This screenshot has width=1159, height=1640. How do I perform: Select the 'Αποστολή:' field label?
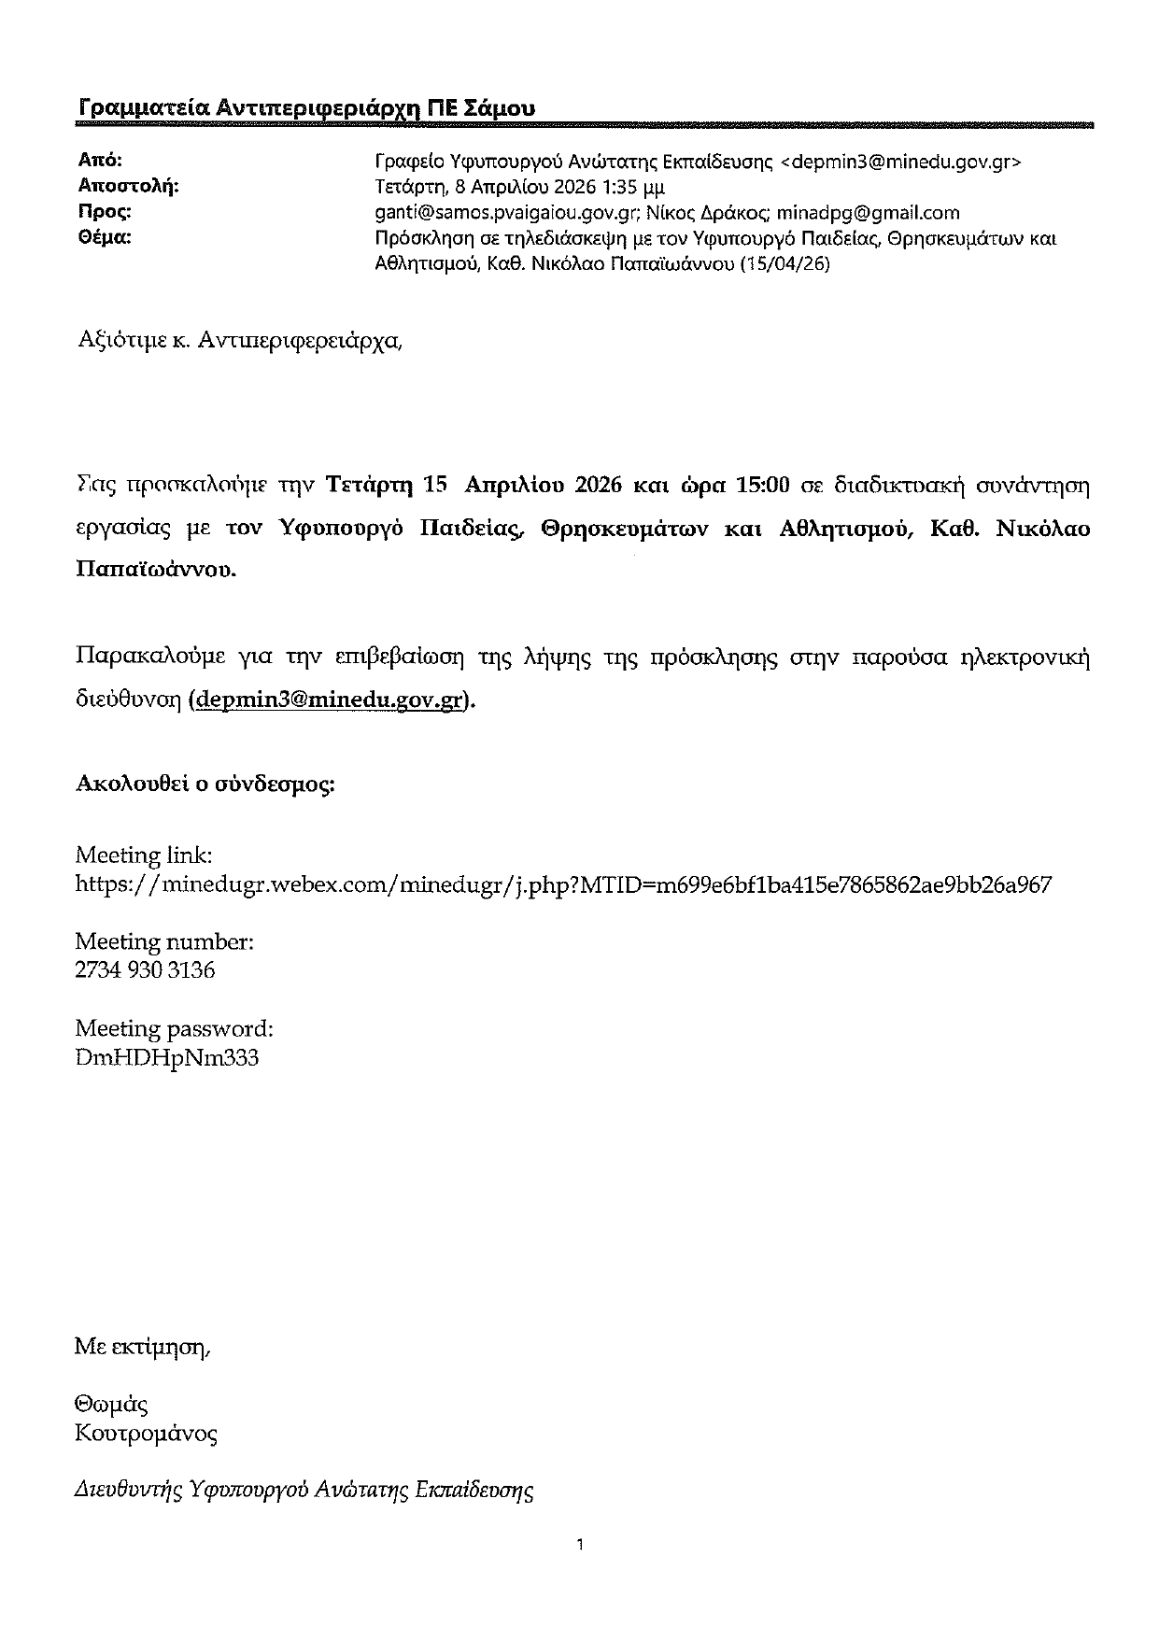[127, 186]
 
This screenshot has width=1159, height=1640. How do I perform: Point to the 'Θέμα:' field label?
[103, 237]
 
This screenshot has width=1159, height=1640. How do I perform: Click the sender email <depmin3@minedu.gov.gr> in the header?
[900, 162]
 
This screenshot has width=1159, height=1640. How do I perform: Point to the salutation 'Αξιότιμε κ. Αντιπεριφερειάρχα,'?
[240, 340]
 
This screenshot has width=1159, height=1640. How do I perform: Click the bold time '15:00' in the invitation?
[763, 485]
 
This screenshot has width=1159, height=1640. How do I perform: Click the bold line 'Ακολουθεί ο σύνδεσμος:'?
[205, 784]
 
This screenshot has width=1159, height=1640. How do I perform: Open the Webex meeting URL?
[563, 884]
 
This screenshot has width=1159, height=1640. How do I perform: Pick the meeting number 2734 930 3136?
[145, 970]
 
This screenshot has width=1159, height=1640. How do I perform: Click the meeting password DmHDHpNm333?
[167, 1058]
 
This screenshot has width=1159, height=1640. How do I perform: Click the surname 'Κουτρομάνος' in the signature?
[146, 1433]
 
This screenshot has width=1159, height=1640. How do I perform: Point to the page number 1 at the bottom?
[580, 1545]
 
